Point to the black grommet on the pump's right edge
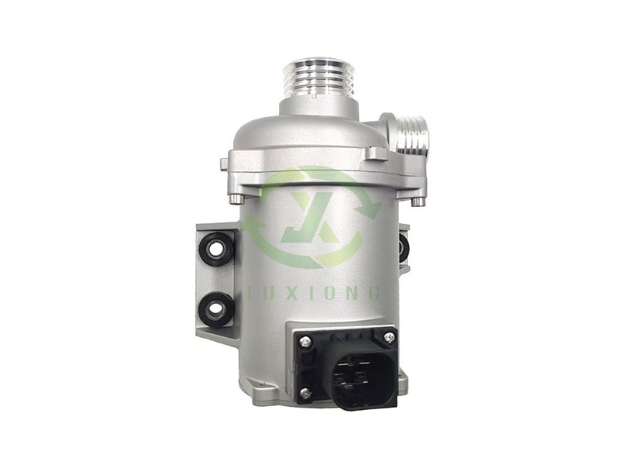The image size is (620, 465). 404,246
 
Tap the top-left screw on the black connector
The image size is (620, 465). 303,340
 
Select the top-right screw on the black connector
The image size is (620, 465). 388,337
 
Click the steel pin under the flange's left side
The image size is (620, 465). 232,201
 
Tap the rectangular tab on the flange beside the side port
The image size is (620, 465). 376,153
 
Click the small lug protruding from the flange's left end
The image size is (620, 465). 224,164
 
